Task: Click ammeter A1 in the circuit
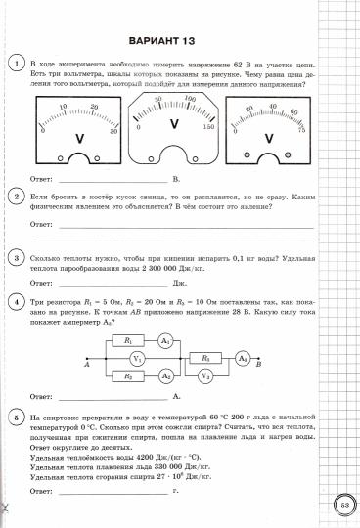(166, 340)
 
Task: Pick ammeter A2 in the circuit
(166, 375)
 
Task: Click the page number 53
(345, 506)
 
